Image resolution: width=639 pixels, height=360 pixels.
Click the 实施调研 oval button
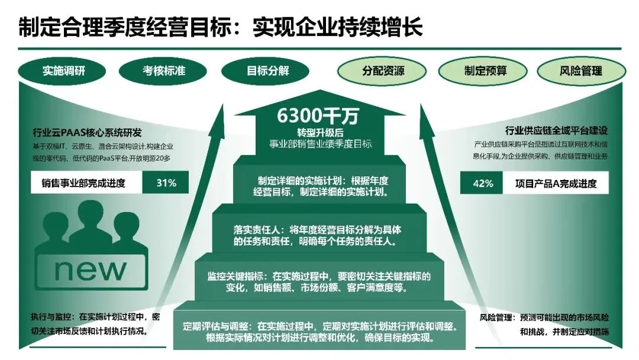click(x=64, y=71)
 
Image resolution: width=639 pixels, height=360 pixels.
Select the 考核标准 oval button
click(x=164, y=71)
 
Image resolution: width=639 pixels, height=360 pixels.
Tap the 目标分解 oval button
click(x=267, y=71)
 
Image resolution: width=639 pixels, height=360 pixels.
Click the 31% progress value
click(x=166, y=183)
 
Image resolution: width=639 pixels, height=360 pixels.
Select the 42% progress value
click(x=482, y=183)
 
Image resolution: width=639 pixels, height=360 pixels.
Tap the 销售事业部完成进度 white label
click(x=87, y=183)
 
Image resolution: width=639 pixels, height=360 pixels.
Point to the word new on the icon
click(x=90, y=269)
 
